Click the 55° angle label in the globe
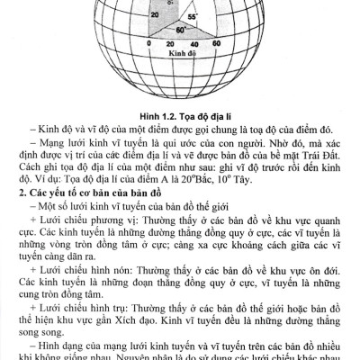pos(192,16)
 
